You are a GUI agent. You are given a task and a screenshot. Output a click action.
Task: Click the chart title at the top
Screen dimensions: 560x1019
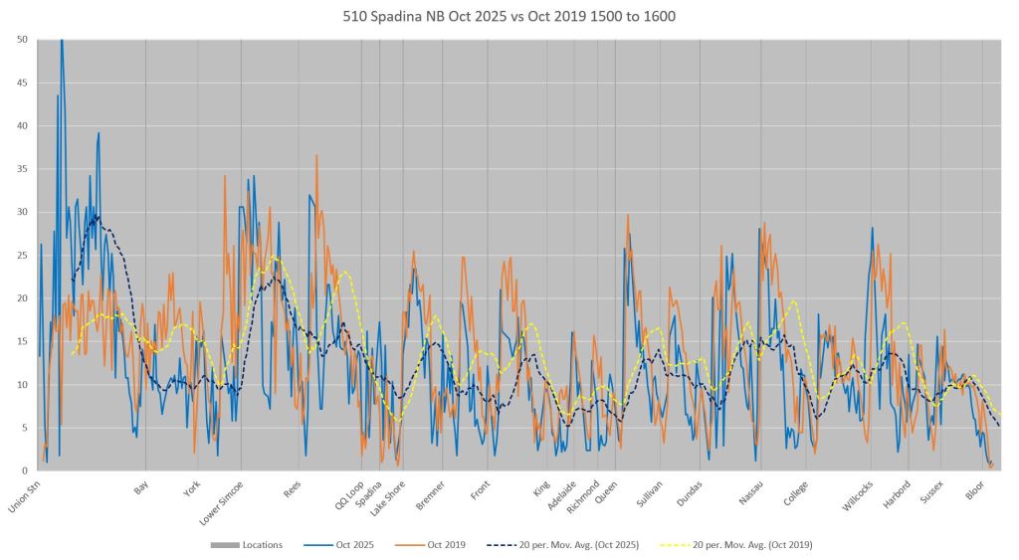(x=509, y=16)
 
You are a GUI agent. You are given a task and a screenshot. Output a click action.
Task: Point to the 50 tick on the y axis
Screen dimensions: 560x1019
(x=23, y=40)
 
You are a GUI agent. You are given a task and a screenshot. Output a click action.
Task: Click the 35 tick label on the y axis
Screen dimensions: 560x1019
(x=23, y=169)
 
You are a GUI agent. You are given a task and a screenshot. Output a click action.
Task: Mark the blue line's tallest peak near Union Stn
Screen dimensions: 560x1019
(x=62, y=40)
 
